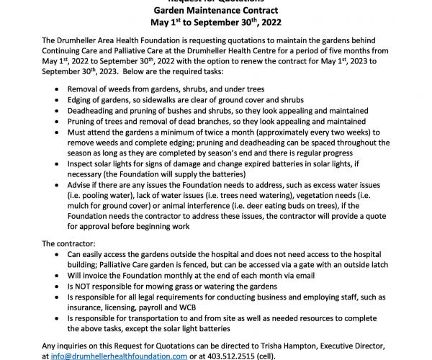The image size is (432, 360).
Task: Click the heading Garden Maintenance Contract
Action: tap(215, 9)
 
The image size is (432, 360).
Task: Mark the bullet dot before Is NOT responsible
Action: tap(59, 285)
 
